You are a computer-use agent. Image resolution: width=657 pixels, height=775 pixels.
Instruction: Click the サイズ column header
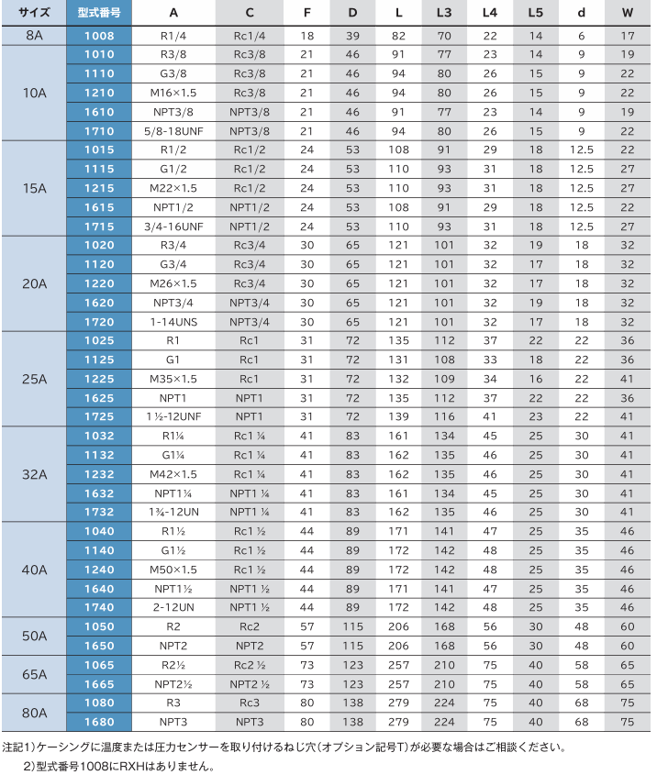click(x=33, y=13)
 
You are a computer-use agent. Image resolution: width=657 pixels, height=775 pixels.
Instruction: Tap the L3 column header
click(x=444, y=13)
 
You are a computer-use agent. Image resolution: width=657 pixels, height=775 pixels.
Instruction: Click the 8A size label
click(x=33, y=36)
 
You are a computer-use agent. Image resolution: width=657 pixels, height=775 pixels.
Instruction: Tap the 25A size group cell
click(x=33, y=379)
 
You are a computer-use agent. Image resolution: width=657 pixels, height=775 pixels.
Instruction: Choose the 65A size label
click(x=33, y=674)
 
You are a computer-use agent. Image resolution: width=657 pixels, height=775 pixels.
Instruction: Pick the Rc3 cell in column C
click(x=250, y=703)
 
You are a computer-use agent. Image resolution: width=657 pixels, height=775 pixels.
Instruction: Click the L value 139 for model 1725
click(x=398, y=417)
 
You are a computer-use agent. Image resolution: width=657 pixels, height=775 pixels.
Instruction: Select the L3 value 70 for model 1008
click(x=444, y=36)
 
